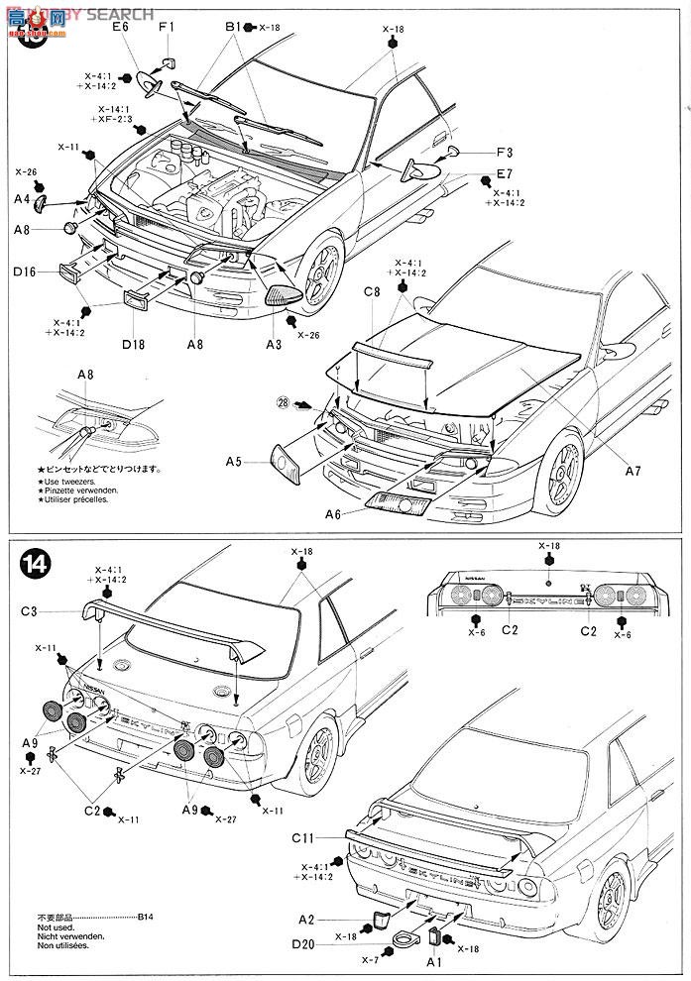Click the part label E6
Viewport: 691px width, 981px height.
[121, 27]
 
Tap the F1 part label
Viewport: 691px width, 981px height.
[166, 27]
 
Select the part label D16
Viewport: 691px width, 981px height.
[26, 272]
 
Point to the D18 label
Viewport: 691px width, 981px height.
[134, 344]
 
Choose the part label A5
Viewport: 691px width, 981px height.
[234, 461]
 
